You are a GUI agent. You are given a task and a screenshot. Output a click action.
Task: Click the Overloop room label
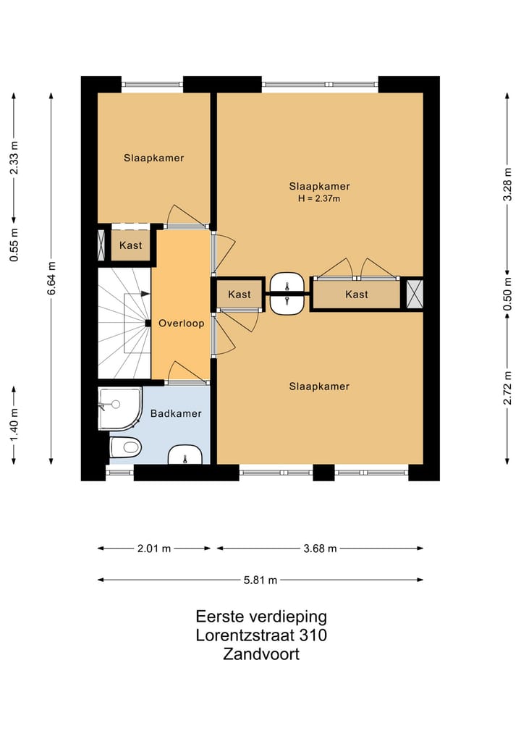181,323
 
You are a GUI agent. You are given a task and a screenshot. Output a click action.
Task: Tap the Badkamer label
176,413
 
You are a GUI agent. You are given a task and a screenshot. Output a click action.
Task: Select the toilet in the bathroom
125,447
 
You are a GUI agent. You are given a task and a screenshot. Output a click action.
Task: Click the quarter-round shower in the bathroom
119,408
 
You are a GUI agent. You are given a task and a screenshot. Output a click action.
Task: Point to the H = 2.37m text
319,198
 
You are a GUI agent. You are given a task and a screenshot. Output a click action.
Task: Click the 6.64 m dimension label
51,279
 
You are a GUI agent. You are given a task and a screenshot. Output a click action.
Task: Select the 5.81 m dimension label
260,580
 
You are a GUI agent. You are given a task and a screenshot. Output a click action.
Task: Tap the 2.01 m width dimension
154,549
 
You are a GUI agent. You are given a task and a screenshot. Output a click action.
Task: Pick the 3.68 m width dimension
320,549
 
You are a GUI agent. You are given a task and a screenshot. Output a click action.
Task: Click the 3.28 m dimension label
507,184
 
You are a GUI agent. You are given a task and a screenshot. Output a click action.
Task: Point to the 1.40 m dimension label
14,425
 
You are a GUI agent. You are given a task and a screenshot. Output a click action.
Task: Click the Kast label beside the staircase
130,245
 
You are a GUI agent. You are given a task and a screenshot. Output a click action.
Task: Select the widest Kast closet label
357,295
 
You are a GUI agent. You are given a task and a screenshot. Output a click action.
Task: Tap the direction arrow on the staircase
145,294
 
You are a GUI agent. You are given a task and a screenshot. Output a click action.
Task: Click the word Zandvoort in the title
261,653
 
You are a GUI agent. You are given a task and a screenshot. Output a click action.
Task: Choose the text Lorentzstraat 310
261,635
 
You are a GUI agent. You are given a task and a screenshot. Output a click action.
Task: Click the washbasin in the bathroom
185,454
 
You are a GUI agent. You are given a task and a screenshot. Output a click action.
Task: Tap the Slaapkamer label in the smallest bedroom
154,158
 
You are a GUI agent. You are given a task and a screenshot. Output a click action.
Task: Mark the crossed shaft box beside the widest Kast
415,295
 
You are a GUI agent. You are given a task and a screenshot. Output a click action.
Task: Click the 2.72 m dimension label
507,388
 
